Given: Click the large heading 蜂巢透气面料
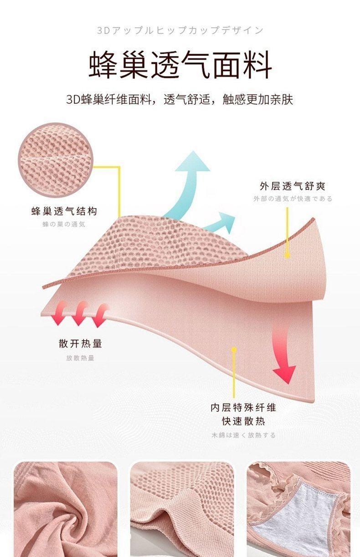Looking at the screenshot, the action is click(x=180, y=65).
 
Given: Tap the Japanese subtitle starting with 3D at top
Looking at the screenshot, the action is click(x=180, y=31).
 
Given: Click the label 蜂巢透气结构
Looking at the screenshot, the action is click(x=64, y=211).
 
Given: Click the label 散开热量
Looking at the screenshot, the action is click(x=80, y=343).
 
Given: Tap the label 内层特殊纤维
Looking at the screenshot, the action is click(x=243, y=407).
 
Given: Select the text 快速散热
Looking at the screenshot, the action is click(x=243, y=421).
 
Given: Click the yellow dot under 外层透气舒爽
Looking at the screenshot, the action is click(x=288, y=256).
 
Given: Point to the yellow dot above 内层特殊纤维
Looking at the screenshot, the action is click(x=234, y=350).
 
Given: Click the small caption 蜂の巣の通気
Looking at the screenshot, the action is click(x=64, y=224).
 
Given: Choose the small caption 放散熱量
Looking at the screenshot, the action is click(x=80, y=358).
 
